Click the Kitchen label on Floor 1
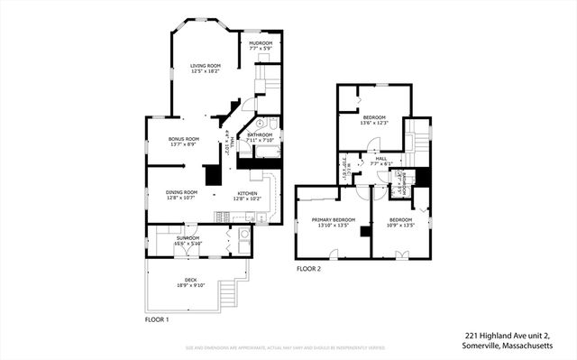click(x=249, y=195)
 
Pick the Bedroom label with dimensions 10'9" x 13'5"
click(x=401, y=221)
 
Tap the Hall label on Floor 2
click(x=380, y=161)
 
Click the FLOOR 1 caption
click(x=157, y=319)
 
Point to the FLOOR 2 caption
click(x=308, y=268)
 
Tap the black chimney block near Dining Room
click(x=214, y=175)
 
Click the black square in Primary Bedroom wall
click(x=364, y=231)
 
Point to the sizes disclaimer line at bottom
click(x=288, y=346)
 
